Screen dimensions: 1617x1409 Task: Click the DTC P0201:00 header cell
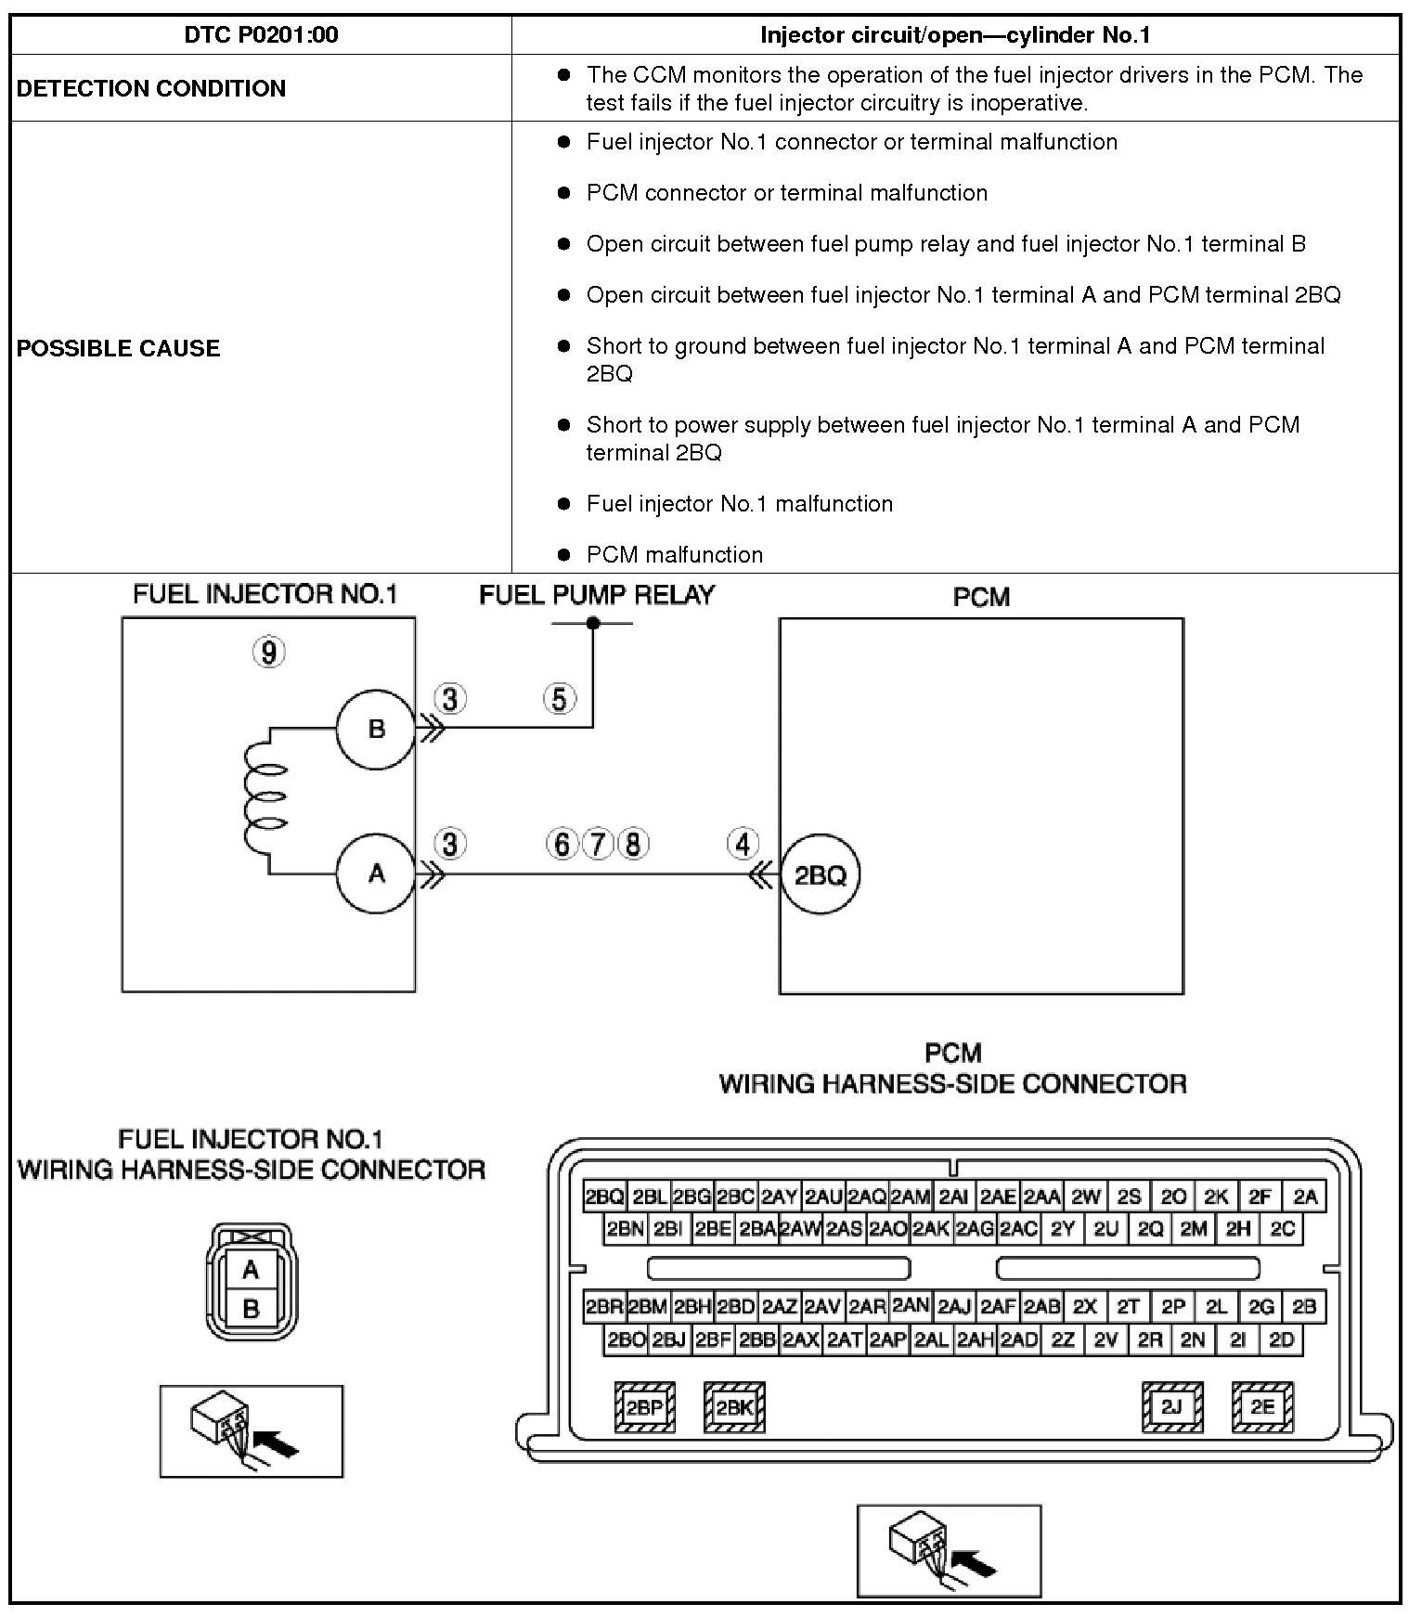tap(261, 35)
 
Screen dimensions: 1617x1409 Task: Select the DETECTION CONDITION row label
tap(151, 88)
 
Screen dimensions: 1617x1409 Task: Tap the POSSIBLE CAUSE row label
tap(119, 348)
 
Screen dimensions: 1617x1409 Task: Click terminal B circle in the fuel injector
tap(376, 729)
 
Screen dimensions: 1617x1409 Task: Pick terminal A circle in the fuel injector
tap(376, 873)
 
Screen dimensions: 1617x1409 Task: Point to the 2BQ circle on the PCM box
tap(821, 874)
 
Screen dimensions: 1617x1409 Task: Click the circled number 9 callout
tap(269, 653)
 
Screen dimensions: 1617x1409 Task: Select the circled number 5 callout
tap(559, 698)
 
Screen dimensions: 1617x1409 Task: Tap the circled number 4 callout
tap(743, 844)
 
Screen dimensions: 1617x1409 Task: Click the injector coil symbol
tap(265, 801)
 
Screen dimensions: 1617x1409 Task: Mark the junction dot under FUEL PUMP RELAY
tap(593, 623)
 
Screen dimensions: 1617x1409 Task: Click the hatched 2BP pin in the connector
tap(645, 1407)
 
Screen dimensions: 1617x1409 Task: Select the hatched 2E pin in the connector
tap(1261, 1407)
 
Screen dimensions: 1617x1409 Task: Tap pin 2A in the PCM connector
tap(1305, 1197)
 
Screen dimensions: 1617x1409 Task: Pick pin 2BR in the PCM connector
tap(604, 1307)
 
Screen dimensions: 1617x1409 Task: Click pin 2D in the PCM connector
tap(1281, 1339)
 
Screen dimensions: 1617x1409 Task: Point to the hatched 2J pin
tap(1171, 1407)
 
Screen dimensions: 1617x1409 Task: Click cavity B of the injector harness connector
tap(251, 1309)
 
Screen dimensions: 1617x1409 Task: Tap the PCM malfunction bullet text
tap(675, 554)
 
